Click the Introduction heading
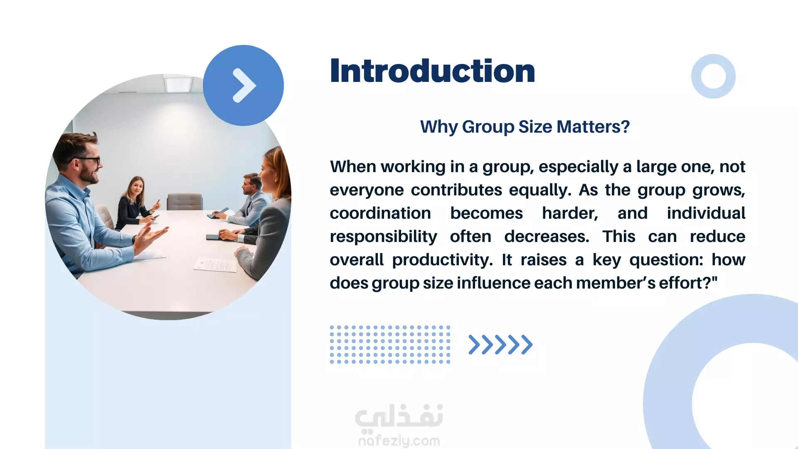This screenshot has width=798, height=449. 432,71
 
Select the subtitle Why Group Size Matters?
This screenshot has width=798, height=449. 525,127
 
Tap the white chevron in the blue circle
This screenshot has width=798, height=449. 244,85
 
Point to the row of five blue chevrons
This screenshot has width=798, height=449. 500,345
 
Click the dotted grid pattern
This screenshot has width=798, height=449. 390,345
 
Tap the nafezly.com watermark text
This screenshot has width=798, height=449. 399,441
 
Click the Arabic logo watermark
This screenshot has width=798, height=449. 399,417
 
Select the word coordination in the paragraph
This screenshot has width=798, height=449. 380,213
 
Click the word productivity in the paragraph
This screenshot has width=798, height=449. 443,260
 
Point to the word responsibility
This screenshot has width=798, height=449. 383,237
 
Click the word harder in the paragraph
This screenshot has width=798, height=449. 570,214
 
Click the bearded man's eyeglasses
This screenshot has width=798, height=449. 87,160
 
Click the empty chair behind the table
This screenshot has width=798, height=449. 185,202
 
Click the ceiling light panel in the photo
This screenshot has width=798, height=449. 178,84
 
